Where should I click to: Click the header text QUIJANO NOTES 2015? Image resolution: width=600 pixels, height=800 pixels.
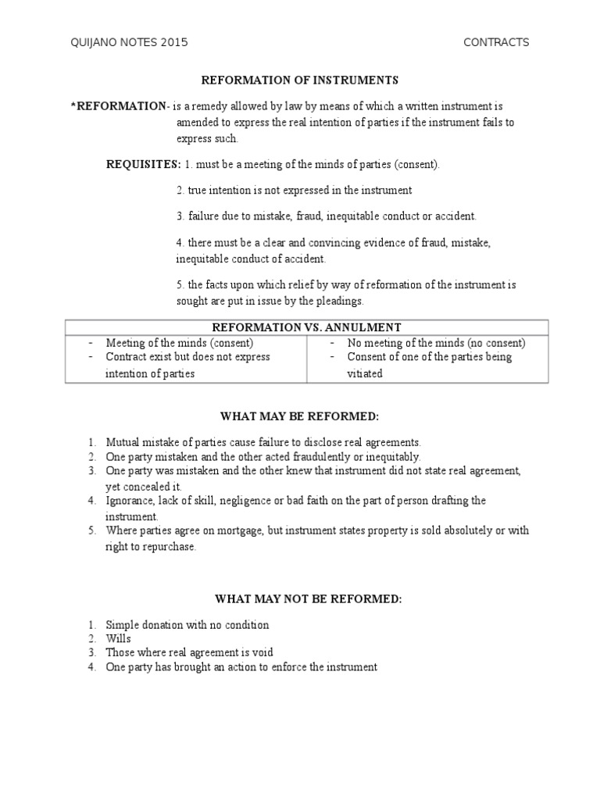point(129,42)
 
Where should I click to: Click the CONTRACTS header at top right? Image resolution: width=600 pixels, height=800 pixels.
point(496,42)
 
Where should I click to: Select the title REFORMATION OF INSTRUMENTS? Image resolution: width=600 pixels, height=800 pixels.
point(300,80)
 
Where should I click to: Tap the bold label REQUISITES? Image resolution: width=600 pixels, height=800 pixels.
point(143,164)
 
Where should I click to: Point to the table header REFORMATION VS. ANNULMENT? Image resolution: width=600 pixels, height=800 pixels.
point(306,327)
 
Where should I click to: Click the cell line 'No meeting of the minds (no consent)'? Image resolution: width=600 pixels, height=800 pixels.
point(436,342)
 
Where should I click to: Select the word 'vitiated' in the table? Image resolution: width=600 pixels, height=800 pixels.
point(365,373)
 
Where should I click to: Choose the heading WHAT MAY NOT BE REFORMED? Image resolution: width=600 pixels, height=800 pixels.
point(309,598)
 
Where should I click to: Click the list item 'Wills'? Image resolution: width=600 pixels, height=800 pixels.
point(119,638)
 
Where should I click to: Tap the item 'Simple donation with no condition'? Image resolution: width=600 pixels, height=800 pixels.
point(187,624)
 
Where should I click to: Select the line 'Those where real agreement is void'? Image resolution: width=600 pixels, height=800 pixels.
point(190,652)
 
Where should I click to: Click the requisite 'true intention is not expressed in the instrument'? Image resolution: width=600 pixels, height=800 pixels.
point(295,190)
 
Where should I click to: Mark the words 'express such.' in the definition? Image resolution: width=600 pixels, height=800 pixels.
point(207,138)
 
